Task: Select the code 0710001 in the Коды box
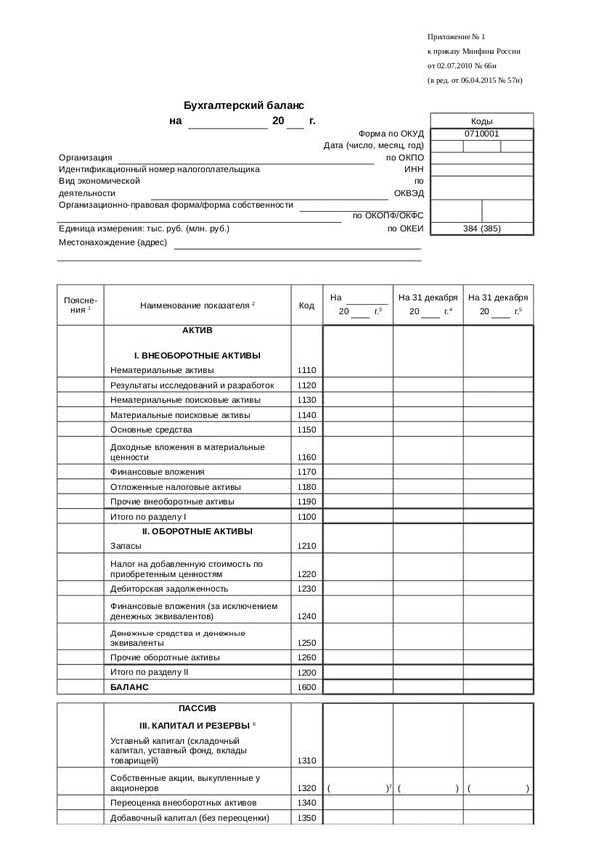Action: [481, 133]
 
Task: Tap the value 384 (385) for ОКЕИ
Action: [481, 229]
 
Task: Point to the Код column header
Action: [306, 305]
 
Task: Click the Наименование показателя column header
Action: [197, 305]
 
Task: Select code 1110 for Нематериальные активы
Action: [306, 370]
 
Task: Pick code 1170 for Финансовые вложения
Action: [306, 472]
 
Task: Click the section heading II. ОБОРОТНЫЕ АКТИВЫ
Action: [197, 531]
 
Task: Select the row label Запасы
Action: [126, 546]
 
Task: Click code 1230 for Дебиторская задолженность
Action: [306, 589]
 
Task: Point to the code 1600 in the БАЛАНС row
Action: [306, 687]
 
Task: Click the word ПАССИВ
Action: [197, 708]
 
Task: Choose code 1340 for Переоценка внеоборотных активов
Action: [306, 803]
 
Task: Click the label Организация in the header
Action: [85, 157]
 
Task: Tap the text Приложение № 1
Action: [455, 35]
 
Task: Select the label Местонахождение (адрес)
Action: [112, 242]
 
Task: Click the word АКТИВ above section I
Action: [197, 330]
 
